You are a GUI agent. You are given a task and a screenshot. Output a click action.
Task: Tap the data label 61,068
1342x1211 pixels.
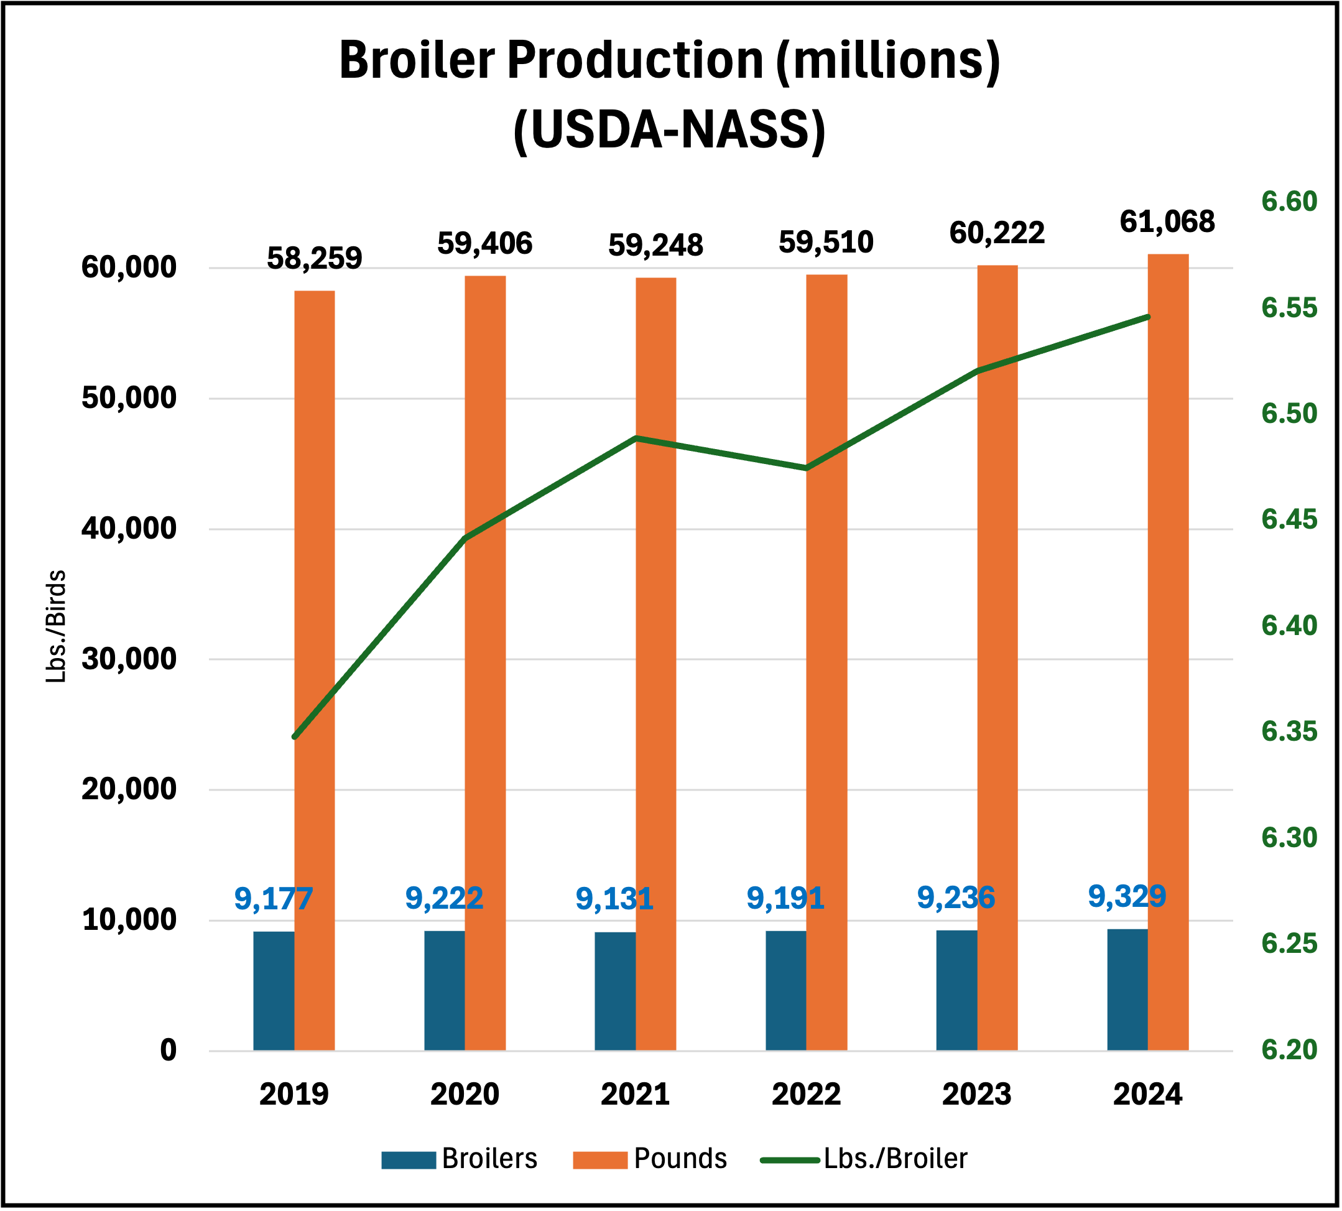coord(1167,221)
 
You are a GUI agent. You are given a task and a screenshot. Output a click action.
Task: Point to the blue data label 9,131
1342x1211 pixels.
coord(614,899)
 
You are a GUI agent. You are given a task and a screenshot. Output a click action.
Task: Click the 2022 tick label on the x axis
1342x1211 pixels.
coord(806,1094)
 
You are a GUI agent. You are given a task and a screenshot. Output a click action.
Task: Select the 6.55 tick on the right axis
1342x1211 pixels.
coord(1289,308)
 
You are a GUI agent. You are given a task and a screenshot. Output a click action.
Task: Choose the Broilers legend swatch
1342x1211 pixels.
coord(408,1160)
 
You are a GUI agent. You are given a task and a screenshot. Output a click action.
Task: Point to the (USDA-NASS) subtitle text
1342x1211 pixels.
coord(669,131)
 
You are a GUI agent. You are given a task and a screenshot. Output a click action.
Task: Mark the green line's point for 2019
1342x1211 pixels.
coord(295,736)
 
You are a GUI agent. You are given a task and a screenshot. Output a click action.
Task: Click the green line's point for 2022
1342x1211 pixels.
coord(807,468)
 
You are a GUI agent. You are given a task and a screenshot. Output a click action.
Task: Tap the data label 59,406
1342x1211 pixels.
coord(484,244)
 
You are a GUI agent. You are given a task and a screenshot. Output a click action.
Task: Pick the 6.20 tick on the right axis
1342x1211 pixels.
coord(1289,1049)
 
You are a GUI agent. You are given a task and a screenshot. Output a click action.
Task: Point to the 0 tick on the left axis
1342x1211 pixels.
coord(169,1050)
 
